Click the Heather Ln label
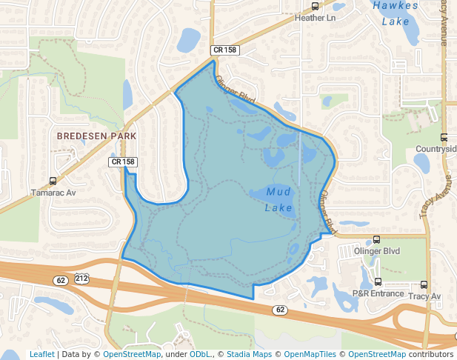tap(315, 17)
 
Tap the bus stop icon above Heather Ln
tap(316, 6)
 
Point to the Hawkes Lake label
tap(390, 13)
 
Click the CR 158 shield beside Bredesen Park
tap(124, 161)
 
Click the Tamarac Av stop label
tap(53, 192)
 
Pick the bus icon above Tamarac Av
tap(53, 181)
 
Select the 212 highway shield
tap(81, 279)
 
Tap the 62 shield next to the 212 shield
tap(61, 279)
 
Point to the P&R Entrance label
tap(378, 293)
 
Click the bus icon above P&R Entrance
tap(378, 282)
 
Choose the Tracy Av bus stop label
tap(424, 296)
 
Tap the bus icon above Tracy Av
tap(424, 284)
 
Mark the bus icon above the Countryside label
tap(444, 137)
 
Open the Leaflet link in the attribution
tap(41, 354)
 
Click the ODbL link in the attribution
tap(201, 354)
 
